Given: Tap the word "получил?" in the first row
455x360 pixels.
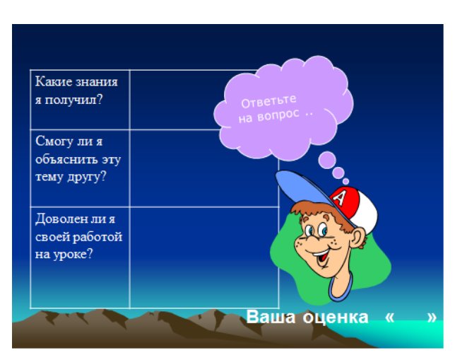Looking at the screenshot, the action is click(73, 100).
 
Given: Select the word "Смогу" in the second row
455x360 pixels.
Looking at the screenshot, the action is click(54, 142).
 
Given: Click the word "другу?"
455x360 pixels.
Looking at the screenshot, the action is click(87, 177).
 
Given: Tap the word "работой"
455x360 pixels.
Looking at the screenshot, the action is click(97, 237).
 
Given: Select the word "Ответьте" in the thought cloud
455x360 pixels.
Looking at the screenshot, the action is click(268, 101).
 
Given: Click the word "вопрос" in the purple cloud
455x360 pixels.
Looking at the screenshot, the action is click(278, 115).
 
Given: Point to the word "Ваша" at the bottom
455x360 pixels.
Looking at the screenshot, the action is click(271, 317).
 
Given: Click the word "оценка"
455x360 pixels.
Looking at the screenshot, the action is click(336, 317).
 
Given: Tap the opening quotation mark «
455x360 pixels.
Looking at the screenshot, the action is click(389, 318).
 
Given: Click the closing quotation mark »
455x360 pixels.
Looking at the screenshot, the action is click(432, 318).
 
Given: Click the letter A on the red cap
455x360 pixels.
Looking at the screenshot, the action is click(339, 198).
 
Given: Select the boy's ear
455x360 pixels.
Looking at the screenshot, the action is click(358, 238).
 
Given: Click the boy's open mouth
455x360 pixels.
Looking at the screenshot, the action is click(321, 257).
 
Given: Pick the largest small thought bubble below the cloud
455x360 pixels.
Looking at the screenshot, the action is click(327, 160).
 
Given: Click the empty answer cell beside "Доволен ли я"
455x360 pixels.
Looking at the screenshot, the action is click(204, 257).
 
